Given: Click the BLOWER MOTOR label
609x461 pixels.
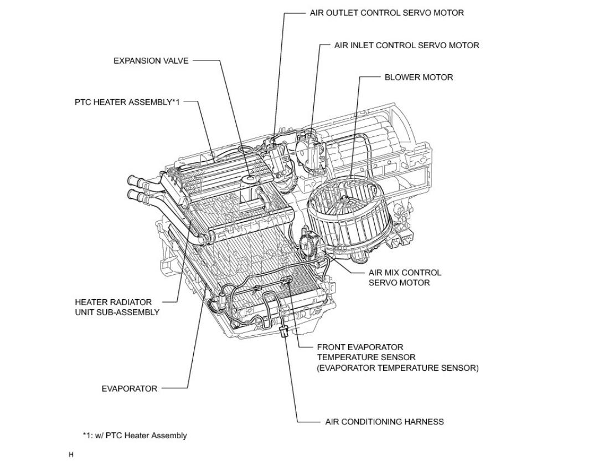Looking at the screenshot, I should (x=419, y=78).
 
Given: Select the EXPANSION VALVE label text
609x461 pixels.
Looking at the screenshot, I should (x=151, y=61).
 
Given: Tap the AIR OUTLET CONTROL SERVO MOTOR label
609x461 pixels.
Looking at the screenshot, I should (x=386, y=13).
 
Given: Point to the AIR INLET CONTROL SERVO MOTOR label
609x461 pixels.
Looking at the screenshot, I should (x=406, y=45).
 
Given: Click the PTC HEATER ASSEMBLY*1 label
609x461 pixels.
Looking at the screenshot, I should (x=127, y=103).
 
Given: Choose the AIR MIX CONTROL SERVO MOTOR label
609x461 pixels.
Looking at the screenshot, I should (x=405, y=278).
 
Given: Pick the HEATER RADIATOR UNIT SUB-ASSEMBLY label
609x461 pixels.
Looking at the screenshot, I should (x=117, y=307).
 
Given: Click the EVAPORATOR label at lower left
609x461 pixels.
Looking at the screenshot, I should (x=129, y=388).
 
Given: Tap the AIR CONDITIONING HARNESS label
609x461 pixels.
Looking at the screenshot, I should (x=384, y=422).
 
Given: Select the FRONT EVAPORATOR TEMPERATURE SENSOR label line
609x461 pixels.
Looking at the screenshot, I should (x=360, y=347).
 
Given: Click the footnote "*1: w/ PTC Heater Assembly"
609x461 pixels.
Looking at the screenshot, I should (x=135, y=436).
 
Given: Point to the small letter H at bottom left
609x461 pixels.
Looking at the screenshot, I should (x=71, y=454).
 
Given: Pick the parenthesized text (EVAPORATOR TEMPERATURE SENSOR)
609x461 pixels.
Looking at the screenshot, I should (x=398, y=368).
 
